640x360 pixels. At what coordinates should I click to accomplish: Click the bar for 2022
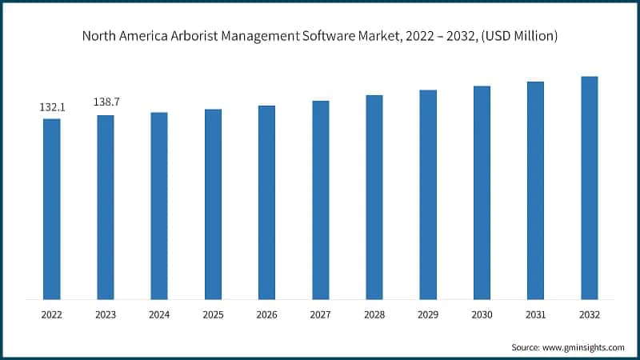[51, 209]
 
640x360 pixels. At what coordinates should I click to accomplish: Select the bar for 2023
[106, 207]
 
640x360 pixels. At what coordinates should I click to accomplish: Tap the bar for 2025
[213, 204]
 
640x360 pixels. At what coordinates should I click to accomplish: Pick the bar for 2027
[321, 200]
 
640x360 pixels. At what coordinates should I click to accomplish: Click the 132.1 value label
[51, 106]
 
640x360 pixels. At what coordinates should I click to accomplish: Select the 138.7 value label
[106, 103]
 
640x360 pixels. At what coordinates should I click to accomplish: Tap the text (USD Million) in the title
[518, 36]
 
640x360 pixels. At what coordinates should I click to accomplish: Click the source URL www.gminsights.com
[584, 347]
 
